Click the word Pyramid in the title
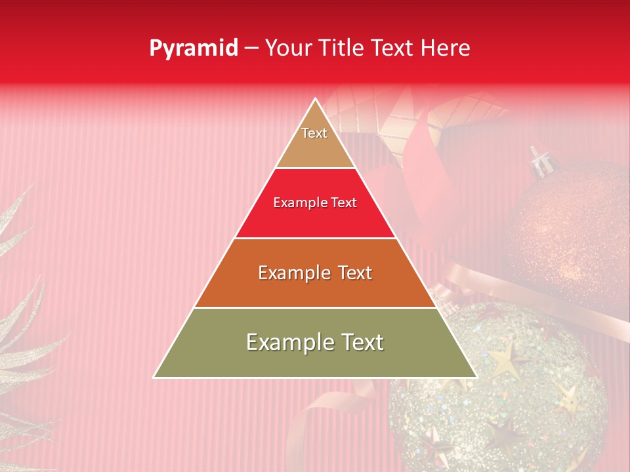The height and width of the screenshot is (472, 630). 193,49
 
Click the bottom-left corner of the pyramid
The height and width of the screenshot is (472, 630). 155,377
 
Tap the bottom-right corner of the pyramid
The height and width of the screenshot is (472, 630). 476,377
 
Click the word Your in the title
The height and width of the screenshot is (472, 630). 289,49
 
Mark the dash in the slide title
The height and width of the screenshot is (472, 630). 251,49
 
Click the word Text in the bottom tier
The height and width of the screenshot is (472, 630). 360,342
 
